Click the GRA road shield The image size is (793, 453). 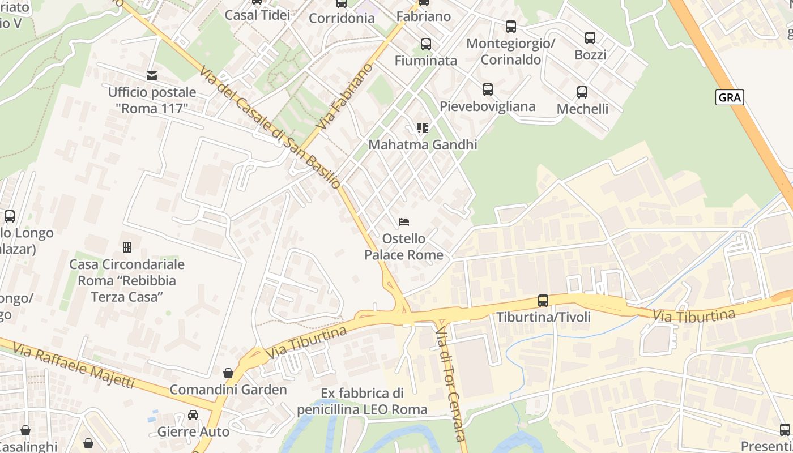coord(729,97)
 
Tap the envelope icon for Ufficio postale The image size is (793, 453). coord(152,76)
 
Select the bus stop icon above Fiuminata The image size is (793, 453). coord(425,44)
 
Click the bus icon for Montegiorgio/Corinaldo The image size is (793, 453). coord(510,27)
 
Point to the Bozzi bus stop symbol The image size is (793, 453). coord(590,38)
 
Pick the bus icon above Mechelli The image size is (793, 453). coord(582,92)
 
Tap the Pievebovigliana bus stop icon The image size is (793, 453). coord(487,89)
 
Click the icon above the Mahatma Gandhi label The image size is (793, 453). coord(422,128)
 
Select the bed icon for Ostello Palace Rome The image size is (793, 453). coord(403,221)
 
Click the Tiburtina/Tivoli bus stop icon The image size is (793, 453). coord(543,301)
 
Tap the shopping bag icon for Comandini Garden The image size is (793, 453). coord(228,373)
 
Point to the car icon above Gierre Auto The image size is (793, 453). coord(193,415)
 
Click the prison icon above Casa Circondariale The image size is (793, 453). coord(127,247)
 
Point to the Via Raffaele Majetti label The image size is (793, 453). coord(74,366)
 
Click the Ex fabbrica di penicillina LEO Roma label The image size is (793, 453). coord(362,401)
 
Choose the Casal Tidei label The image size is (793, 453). coord(257,15)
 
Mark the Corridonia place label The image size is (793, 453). coord(342,18)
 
